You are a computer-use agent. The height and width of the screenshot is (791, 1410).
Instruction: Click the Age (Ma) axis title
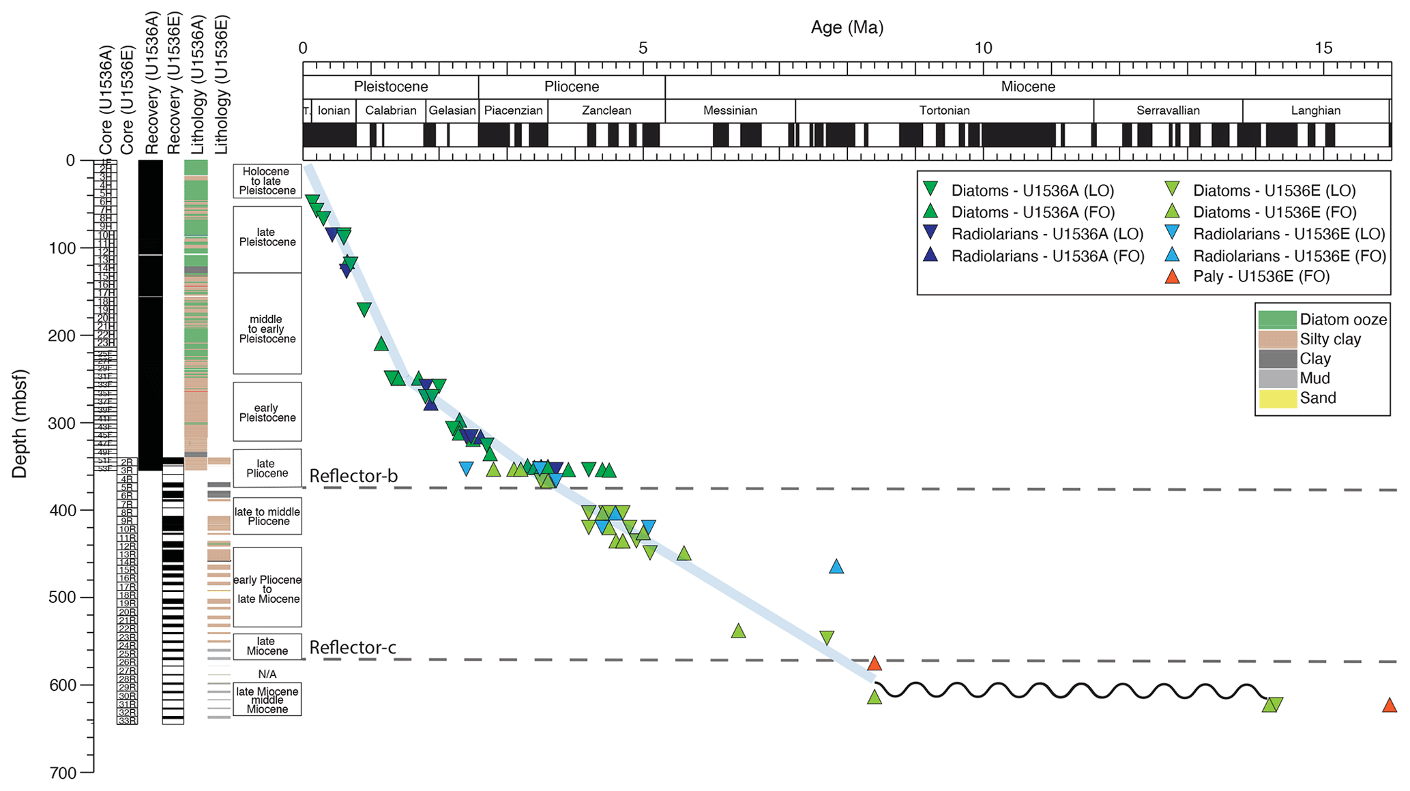point(847,27)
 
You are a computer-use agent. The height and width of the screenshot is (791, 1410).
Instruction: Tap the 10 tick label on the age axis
point(982,48)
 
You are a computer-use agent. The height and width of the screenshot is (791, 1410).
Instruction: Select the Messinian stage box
point(730,110)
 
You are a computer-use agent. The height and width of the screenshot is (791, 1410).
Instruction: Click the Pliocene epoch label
point(572,87)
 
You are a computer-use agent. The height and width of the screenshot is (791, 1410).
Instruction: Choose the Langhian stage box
point(1315,110)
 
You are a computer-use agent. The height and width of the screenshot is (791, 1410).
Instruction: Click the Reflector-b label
point(353,475)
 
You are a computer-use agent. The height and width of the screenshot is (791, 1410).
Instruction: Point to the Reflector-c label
point(353,647)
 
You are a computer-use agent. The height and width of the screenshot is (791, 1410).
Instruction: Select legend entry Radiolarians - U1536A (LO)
point(1046,234)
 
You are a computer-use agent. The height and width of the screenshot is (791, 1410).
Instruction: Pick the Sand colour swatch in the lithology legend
point(1277,398)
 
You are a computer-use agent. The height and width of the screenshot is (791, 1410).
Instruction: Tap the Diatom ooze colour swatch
point(1277,319)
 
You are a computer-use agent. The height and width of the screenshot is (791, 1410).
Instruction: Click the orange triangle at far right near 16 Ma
point(1390,705)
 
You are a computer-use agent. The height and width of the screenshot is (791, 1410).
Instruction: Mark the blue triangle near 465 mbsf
point(836,566)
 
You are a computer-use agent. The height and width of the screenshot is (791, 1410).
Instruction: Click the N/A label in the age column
point(267,674)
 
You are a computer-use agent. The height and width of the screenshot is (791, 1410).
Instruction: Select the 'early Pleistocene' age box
point(267,412)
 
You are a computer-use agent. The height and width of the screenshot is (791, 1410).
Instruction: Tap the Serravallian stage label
point(1168,110)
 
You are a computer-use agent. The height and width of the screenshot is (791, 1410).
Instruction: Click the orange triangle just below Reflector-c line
point(875,663)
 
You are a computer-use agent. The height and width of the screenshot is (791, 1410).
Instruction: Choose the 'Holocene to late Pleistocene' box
point(267,181)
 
